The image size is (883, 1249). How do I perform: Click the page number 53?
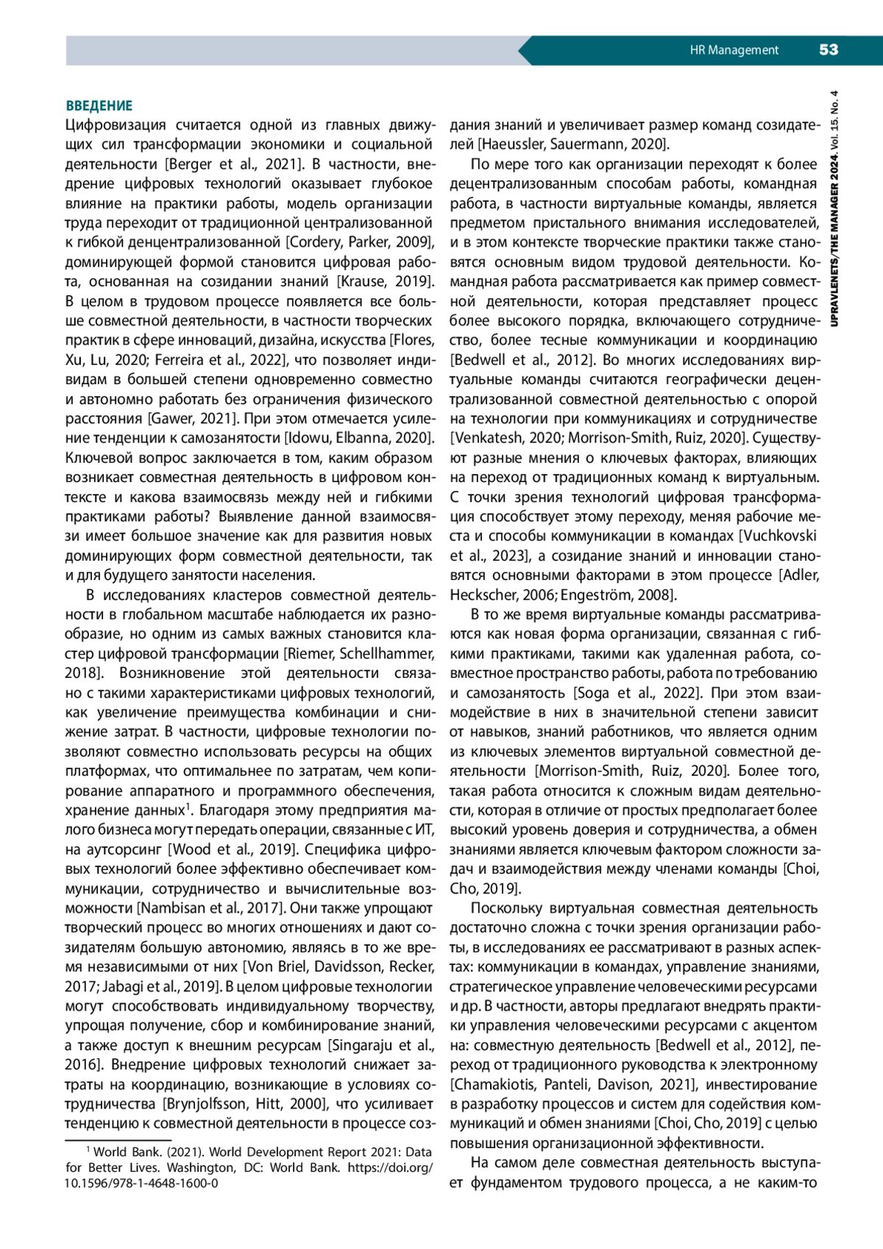pos(829,50)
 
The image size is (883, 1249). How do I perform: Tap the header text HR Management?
pos(734,50)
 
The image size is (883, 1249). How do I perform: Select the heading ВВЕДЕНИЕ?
pos(99,106)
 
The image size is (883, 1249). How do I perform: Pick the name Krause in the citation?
pos(365,281)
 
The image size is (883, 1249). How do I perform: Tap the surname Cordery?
pos(316,242)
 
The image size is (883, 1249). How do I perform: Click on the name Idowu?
pos(308,438)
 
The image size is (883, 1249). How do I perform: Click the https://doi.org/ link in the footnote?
pos(390,1167)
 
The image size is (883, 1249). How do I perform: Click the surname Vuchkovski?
pos(780,536)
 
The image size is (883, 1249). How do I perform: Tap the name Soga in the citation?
pos(593,693)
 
